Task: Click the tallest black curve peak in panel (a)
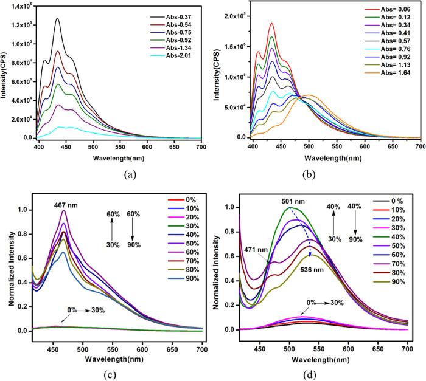pyautogui.click(x=57, y=19)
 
